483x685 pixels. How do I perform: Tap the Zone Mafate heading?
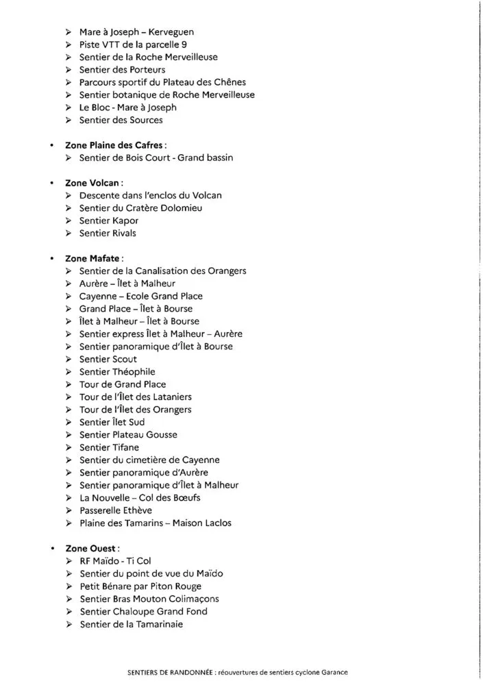point(95,258)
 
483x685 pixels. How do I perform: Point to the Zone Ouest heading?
point(92,549)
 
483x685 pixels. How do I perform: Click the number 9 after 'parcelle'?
point(175,45)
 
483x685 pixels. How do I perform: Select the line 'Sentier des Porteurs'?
point(122,70)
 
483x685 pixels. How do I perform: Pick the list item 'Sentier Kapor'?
point(109,221)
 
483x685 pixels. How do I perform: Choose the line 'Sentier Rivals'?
point(108,233)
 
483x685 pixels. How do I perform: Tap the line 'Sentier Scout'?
point(108,359)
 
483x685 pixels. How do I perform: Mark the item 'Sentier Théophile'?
point(117,372)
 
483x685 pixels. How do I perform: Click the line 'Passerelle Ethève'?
point(116,510)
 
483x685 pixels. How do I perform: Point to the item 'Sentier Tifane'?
point(109,447)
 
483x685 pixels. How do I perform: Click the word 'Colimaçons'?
point(194,599)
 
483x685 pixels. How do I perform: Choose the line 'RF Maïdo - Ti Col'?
point(115,561)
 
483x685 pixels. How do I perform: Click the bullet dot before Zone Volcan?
point(52,183)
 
